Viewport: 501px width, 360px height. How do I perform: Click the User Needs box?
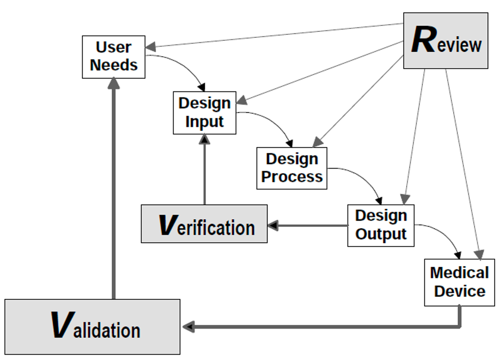click(x=113, y=57)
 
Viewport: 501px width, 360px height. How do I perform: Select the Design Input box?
click(x=204, y=112)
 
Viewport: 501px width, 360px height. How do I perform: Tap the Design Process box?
click(x=292, y=168)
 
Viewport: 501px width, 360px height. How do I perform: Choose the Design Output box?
click(x=381, y=225)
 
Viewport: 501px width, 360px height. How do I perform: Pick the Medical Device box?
click(x=459, y=282)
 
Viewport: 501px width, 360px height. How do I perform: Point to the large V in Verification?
click(x=168, y=225)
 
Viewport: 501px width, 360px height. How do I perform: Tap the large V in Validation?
click(x=63, y=325)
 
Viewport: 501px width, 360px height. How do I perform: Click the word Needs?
click(x=114, y=65)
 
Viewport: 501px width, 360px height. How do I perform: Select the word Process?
click(x=292, y=177)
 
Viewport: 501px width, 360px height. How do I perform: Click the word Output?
click(x=381, y=234)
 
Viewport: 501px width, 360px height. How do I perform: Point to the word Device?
click(x=460, y=291)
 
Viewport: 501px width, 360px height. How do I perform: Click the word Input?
click(x=204, y=122)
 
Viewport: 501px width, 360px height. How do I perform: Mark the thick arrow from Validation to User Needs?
click(x=114, y=188)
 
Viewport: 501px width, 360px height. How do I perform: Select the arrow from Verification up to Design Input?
click(x=204, y=170)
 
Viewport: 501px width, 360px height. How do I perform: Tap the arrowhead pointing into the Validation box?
click(x=188, y=327)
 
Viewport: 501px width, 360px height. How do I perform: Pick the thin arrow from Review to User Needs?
click(x=274, y=35)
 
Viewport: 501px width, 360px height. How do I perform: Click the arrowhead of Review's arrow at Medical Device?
click(x=479, y=255)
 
